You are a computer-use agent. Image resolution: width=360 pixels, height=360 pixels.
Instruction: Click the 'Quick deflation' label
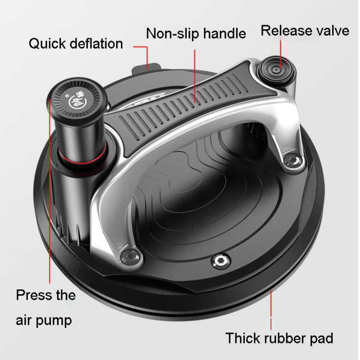click(x=76, y=44)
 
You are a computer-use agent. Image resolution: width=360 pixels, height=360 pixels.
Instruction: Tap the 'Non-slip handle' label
click(x=196, y=33)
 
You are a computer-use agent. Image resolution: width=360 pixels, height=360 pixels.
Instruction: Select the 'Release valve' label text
click(x=305, y=31)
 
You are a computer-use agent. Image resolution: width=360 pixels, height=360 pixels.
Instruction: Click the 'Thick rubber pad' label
click(x=279, y=338)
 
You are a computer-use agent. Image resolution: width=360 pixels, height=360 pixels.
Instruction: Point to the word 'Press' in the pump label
click(x=35, y=295)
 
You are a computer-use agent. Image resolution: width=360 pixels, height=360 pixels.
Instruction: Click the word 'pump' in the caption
click(x=54, y=321)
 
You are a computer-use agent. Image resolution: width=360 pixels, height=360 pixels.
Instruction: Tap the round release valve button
click(x=276, y=69)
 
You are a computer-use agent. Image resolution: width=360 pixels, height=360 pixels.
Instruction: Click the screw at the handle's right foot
click(x=292, y=161)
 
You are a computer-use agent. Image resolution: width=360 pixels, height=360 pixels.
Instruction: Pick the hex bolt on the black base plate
click(x=221, y=261)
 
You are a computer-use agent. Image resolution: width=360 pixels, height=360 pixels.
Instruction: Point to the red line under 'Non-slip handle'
click(x=195, y=76)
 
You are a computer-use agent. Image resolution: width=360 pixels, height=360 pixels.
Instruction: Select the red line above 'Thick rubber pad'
click(x=271, y=310)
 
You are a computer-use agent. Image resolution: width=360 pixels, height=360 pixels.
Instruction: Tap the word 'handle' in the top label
click(x=225, y=33)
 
